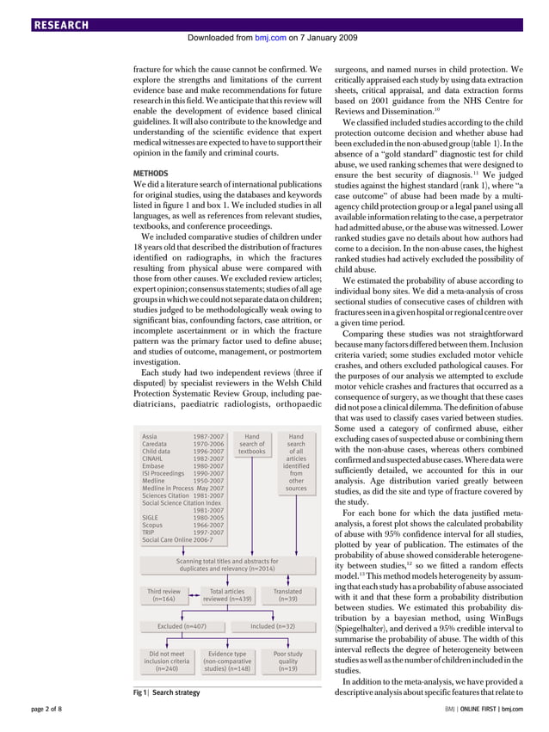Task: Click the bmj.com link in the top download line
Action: click(x=268, y=39)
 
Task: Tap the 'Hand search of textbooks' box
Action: click(x=252, y=444)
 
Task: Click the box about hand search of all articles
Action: click(x=296, y=463)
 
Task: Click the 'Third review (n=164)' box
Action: click(x=163, y=596)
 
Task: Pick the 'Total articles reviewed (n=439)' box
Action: click(x=228, y=596)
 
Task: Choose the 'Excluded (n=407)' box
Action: click(x=181, y=626)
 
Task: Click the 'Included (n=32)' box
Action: click(x=273, y=626)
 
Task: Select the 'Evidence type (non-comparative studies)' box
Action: click(x=227, y=661)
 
